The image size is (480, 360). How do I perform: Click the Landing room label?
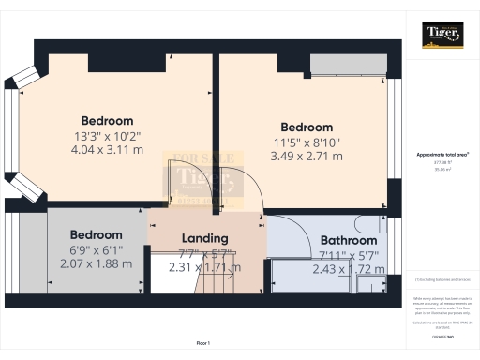pyautogui.click(x=205, y=238)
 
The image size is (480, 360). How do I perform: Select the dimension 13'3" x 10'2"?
pyautogui.click(x=107, y=135)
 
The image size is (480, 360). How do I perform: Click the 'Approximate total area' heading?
pyautogui.click(x=442, y=154)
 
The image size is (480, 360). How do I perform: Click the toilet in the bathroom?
pyautogui.click(x=367, y=225)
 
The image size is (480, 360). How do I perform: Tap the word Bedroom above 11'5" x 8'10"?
pyautogui.click(x=307, y=127)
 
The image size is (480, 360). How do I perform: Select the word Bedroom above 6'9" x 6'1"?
pyautogui.click(x=95, y=234)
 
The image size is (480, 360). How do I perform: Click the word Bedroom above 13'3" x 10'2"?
pyautogui.click(x=107, y=121)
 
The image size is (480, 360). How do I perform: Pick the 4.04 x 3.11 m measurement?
pyautogui.click(x=107, y=149)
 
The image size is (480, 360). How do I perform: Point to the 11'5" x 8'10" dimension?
pyautogui.click(x=307, y=142)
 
